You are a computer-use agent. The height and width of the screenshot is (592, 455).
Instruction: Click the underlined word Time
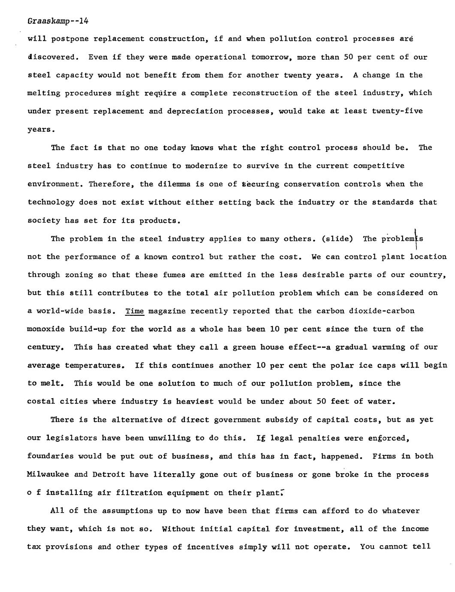(x=134, y=311)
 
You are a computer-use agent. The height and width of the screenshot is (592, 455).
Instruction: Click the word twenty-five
(x=397, y=111)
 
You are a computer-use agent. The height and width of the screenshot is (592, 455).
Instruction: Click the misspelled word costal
(x=41, y=402)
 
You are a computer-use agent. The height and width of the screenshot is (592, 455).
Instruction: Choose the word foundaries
(x=50, y=456)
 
